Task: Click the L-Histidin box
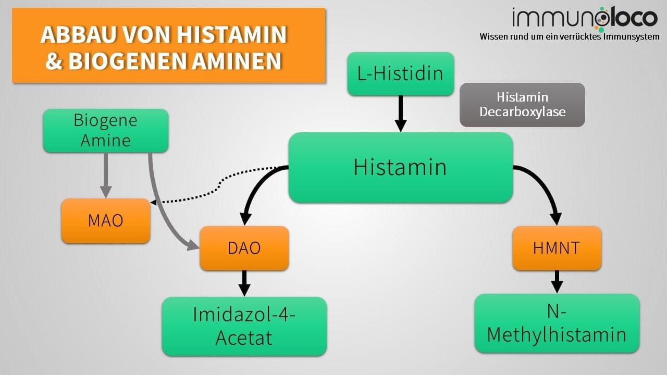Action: point(400,73)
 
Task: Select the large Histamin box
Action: point(400,167)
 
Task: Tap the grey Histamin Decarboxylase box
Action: point(522,105)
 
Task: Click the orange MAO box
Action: point(105,220)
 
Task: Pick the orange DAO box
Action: point(244,248)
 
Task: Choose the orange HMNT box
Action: point(557,248)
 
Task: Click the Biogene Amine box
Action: point(105,130)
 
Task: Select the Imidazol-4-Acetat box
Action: point(244,326)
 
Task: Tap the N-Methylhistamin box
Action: point(557,323)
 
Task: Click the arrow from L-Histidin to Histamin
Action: point(400,113)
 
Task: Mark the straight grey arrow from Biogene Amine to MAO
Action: point(105,174)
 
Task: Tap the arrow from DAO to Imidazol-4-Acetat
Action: point(244,283)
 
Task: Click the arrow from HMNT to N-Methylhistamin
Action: point(557,281)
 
